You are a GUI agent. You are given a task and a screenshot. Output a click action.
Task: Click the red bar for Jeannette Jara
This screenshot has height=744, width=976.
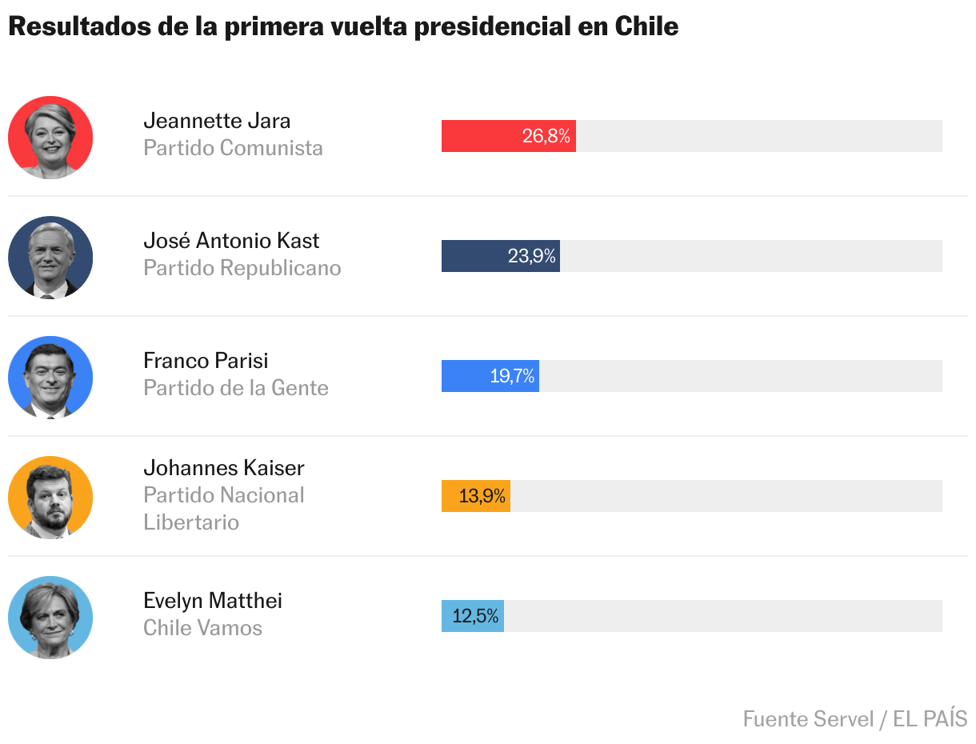[480, 136]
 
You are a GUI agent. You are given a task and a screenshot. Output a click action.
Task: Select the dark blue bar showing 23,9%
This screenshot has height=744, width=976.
[472, 256]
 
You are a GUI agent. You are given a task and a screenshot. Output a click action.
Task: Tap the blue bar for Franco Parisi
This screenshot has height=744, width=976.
[464, 376]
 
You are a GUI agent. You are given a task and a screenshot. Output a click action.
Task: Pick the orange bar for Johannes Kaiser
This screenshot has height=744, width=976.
[450, 496]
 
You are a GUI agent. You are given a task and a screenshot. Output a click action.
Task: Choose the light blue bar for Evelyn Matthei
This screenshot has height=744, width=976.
[446, 616]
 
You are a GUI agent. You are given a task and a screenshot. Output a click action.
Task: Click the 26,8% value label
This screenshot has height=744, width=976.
[546, 136]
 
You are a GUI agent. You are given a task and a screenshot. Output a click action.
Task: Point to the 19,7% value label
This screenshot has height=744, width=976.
[512, 376]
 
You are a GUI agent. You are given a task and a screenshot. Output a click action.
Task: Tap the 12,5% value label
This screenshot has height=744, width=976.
[476, 616]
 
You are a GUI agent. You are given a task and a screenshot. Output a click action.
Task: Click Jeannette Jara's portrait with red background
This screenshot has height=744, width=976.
[50, 137]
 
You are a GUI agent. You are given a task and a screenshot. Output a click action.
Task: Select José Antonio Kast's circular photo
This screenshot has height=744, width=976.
[50, 257]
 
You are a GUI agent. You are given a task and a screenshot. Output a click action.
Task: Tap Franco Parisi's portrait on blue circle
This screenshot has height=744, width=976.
[50, 377]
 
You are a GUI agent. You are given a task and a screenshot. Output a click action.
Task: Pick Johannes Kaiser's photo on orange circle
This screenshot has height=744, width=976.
[50, 497]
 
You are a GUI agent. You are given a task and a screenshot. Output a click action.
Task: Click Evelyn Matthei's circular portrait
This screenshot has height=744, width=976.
[50, 617]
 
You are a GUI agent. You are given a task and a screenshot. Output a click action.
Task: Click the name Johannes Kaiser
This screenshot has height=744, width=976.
[224, 467]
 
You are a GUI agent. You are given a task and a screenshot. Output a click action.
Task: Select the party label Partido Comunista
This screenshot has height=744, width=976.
[233, 148]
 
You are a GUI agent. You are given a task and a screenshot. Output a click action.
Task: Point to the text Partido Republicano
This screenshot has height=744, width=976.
[242, 268]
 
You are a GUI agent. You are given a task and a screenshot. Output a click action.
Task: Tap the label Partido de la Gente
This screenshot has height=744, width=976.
[236, 388]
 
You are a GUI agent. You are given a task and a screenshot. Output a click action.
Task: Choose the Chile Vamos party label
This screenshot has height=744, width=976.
[202, 628]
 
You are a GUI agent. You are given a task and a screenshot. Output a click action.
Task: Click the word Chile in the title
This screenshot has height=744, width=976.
[646, 26]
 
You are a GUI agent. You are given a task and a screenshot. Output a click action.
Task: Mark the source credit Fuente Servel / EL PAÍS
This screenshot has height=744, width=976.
[854, 718]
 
